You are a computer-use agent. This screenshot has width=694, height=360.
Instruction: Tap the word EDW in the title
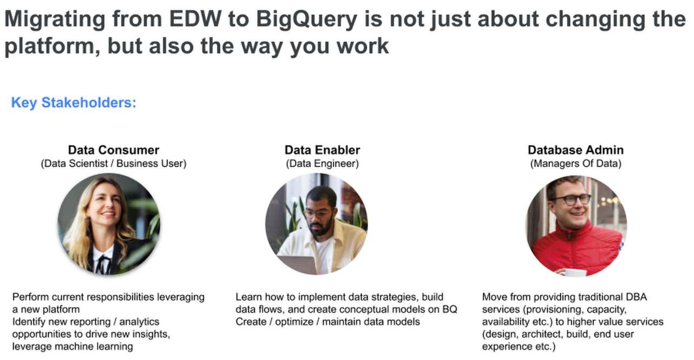coord(195,19)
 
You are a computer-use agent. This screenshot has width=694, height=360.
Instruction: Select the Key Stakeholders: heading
coord(74,102)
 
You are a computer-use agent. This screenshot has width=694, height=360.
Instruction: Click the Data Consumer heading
coord(113,150)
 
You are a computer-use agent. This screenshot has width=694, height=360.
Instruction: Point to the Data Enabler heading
coord(322,150)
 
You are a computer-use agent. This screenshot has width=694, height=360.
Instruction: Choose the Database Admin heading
coord(576,150)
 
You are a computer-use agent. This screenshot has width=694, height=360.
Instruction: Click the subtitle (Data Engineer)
coord(322,164)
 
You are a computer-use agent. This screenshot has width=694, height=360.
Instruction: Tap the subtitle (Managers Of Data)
coord(576,164)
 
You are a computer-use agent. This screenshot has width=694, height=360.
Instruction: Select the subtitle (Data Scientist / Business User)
coord(113,164)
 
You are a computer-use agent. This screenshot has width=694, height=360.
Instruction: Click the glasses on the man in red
coord(571,199)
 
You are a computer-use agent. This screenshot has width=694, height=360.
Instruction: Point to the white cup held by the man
coord(574,272)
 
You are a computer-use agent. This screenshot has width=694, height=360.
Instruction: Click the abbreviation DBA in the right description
coord(637,297)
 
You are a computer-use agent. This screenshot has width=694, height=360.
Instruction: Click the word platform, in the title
coord(52,47)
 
